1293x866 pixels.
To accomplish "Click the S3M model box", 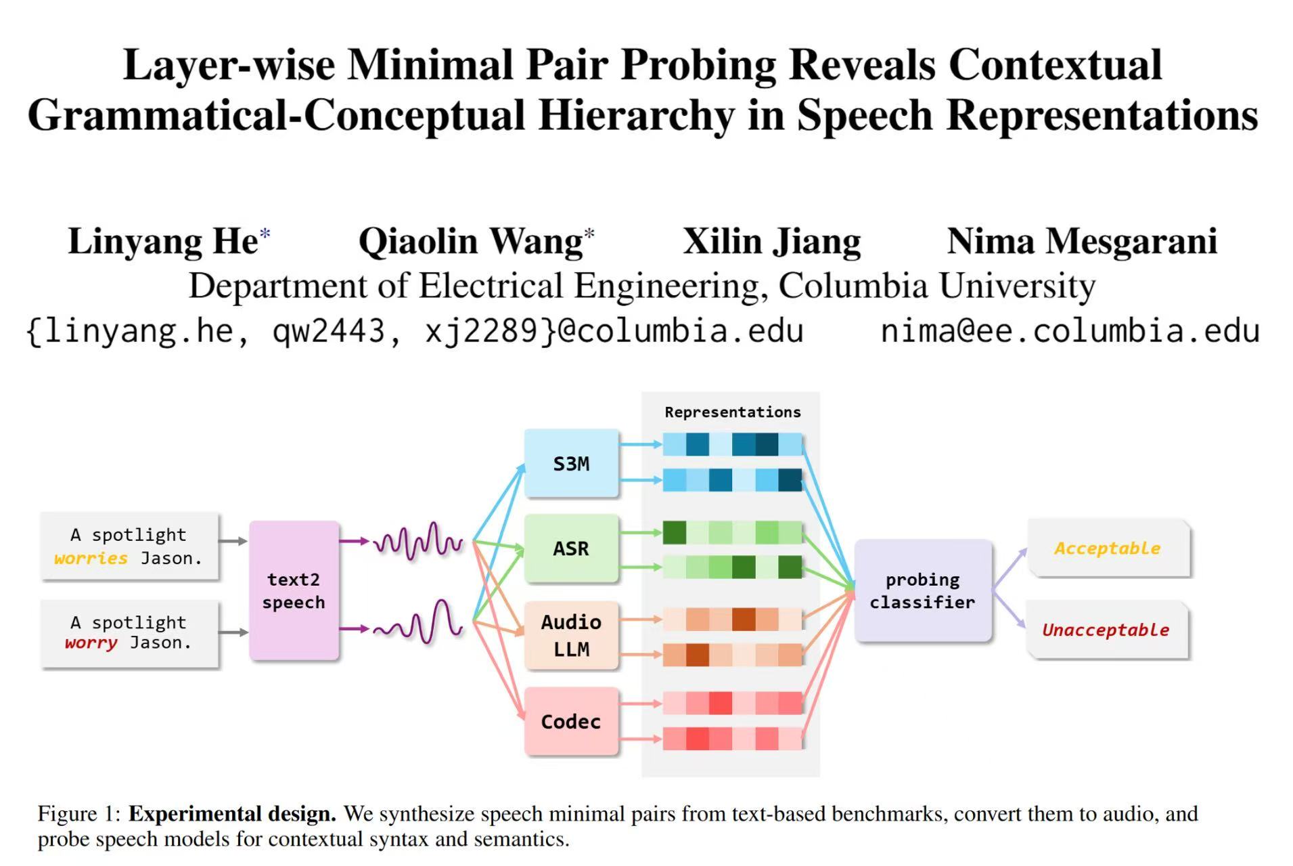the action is tap(571, 464).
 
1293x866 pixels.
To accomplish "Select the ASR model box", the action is tap(571, 548).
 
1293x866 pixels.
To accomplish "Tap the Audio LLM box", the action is tap(571, 635).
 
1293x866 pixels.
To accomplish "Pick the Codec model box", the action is tap(571, 721).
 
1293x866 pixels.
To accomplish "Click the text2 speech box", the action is tap(294, 590).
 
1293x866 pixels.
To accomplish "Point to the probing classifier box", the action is tap(922, 590).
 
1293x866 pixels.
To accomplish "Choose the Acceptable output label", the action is tap(1108, 548).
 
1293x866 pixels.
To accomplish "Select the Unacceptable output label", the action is tap(1106, 630).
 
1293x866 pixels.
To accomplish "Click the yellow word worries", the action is tap(91, 559).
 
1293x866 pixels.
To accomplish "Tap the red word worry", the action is tap(91, 643).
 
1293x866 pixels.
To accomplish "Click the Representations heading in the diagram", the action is tap(732, 412).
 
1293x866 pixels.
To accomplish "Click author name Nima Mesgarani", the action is tap(1082, 241).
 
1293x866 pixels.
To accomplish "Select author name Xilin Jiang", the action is tap(771, 242).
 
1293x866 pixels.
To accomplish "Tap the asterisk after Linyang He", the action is tap(265, 234).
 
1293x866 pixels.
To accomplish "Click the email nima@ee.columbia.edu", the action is tap(1070, 330).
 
